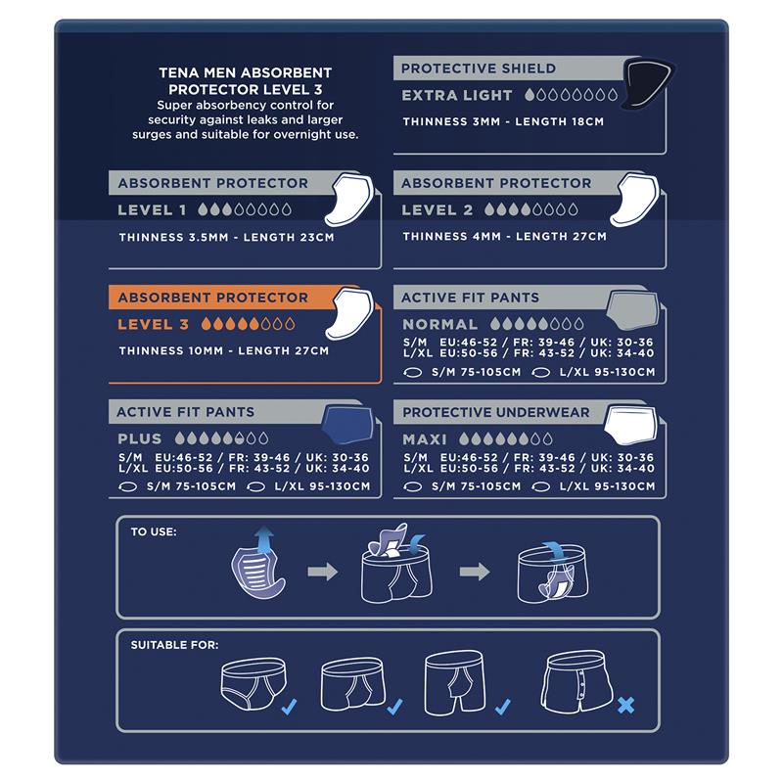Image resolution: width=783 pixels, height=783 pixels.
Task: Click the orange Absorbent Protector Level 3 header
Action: click(212, 298)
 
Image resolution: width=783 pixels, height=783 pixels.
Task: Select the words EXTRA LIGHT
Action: click(457, 96)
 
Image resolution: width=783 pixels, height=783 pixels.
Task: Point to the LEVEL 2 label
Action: click(437, 209)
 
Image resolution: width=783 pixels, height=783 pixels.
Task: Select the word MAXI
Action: click(425, 439)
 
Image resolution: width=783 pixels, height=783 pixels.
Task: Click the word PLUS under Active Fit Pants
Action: click(140, 439)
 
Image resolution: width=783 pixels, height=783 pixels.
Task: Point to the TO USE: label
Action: click(154, 532)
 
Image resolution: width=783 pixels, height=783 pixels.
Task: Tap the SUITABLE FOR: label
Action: click(174, 645)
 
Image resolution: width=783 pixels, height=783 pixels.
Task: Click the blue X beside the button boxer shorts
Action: click(625, 704)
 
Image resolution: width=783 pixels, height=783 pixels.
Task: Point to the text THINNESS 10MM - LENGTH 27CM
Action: click(223, 350)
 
